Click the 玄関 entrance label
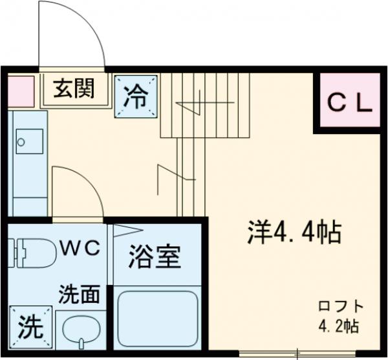click(74, 89)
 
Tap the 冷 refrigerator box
click(136, 97)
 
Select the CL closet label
click(349, 102)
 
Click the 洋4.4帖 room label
click(295, 232)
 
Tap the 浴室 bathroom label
click(154, 258)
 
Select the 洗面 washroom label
click(80, 295)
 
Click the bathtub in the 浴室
click(157, 321)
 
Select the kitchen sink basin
click(29, 141)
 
